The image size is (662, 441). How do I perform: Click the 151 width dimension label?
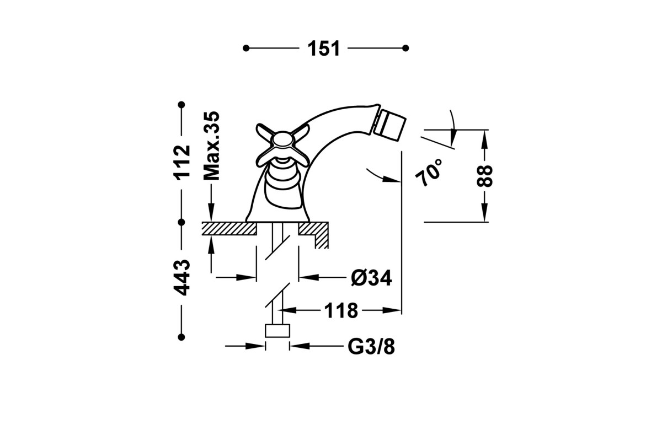coord(324,49)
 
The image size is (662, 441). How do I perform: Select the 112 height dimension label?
coord(181,162)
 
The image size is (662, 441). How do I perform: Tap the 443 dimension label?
coord(181,278)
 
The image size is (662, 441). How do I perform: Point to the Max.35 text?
coord(212,146)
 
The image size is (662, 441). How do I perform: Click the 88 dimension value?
coord(485,176)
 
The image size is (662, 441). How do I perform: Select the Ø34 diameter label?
coord(371,278)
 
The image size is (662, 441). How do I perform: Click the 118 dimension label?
coord(341,310)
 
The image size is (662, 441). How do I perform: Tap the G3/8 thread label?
coord(371,347)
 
